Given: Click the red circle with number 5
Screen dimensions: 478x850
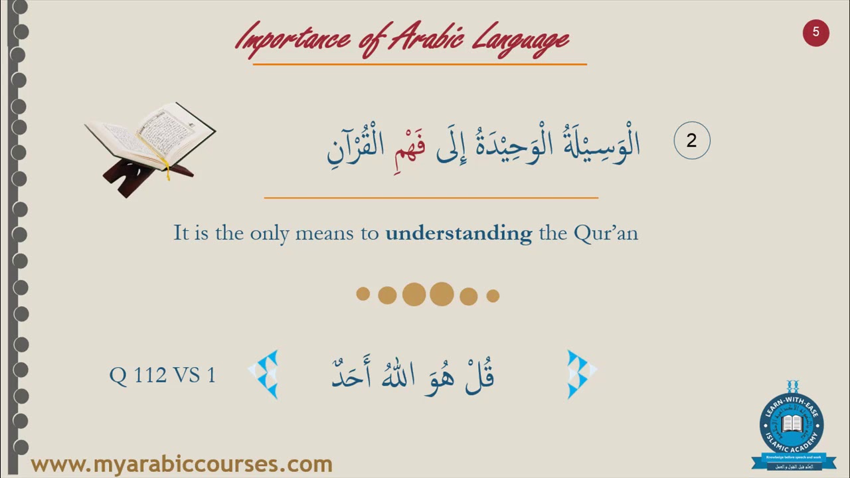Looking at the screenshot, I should click(x=815, y=33).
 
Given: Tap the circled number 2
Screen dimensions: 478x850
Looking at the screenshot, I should click(x=691, y=141).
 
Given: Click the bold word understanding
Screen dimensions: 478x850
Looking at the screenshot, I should click(x=458, y=233).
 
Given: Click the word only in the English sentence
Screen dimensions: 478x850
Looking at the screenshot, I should click(x=270, y=233).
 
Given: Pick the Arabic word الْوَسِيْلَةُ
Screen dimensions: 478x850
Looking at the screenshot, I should click(x=601, y=143).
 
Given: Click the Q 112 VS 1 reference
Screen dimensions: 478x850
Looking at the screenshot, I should click(x=163, y=375).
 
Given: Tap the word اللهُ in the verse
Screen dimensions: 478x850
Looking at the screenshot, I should click(x=397, y=376).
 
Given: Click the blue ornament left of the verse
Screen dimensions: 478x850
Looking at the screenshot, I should click(x=265, y=374).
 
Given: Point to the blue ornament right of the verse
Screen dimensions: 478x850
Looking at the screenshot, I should click(x=580, y=374).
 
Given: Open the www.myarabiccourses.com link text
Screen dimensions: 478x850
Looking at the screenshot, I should click(x=181, y=464).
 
